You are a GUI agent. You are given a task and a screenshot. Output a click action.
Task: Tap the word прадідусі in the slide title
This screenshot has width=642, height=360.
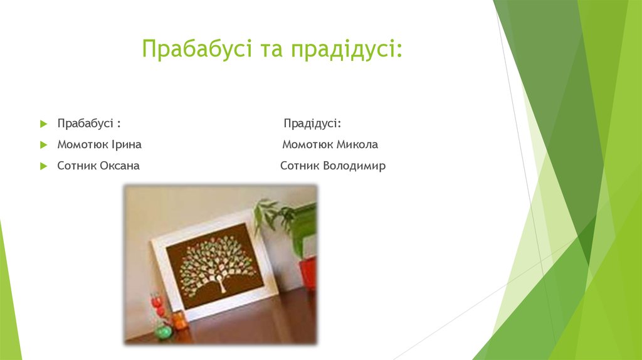point(345,49)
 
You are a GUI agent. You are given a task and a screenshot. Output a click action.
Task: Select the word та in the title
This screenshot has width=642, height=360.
point(270,49)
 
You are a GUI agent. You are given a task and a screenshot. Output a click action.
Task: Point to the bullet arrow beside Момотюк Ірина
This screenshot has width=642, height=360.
point(43,145)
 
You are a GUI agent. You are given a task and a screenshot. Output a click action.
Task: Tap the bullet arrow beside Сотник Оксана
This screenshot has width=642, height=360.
point(43,167)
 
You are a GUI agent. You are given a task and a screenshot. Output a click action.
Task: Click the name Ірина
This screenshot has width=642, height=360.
point(127,145)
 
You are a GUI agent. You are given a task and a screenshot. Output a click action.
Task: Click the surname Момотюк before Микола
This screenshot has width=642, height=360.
point(307,145)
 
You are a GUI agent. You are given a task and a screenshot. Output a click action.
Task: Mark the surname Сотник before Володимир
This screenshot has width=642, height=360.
point(300,167)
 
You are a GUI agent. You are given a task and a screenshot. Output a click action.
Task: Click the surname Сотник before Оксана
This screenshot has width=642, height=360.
point(77,167)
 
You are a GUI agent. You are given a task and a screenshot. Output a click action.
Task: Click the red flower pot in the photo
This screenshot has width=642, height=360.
point(308,273)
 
